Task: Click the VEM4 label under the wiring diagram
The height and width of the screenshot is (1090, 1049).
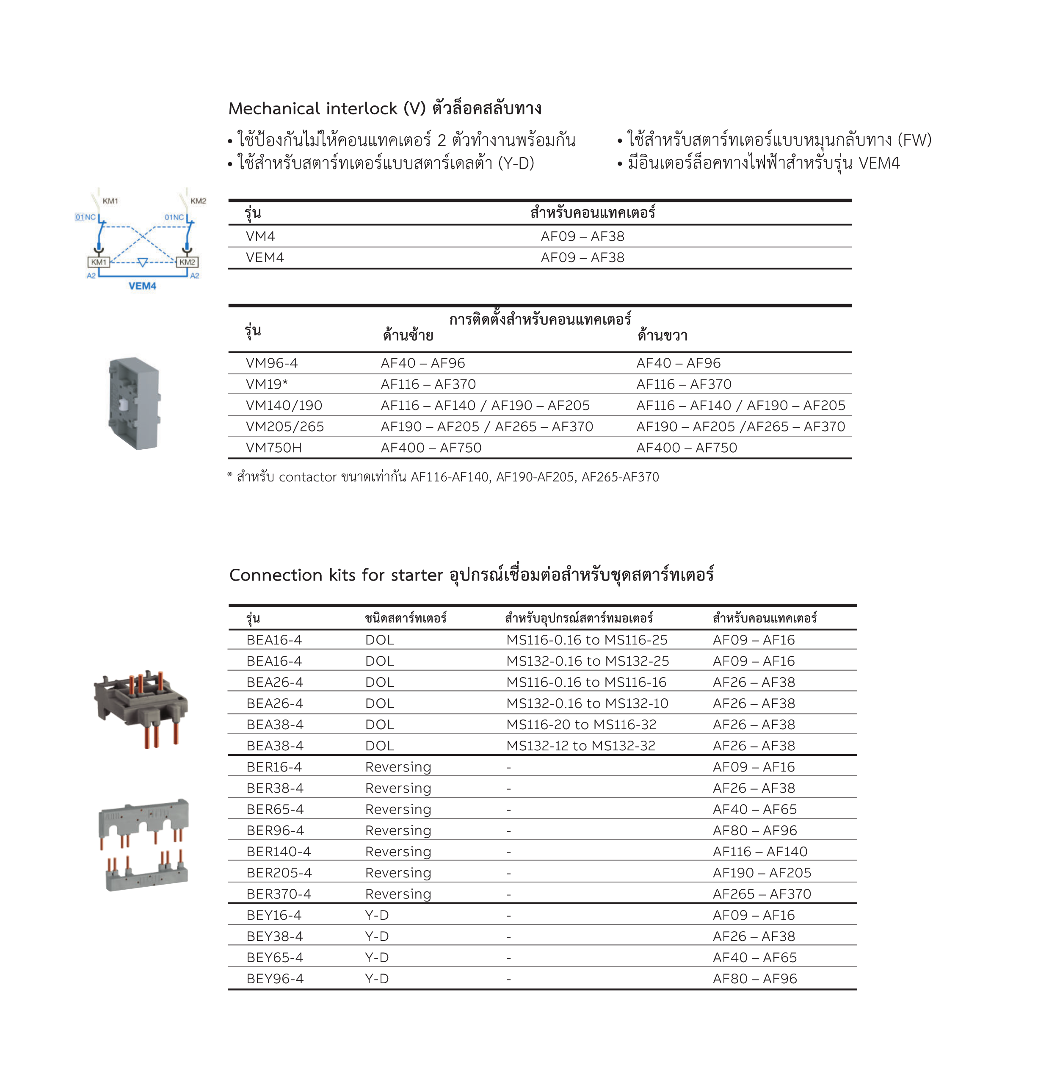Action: point(142,286)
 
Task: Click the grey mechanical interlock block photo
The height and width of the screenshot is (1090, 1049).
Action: point(134,403)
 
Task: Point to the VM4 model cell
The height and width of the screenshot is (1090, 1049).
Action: point(260,236)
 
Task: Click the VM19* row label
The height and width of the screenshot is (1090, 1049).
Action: point(266,384)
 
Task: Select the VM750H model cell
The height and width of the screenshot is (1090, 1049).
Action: point(273,448)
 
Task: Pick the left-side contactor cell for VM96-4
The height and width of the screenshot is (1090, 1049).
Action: point(422,363)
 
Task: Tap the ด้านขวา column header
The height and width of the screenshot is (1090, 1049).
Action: point(662,335)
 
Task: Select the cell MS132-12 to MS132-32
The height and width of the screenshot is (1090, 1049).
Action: point(580,746)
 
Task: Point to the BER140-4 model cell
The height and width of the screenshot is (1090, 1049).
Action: point(279,852)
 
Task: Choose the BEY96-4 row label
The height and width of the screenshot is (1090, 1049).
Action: point(275,978)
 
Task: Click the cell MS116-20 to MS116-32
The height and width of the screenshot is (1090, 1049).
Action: point(581,725)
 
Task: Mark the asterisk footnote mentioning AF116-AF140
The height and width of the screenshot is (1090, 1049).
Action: point(443,477)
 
